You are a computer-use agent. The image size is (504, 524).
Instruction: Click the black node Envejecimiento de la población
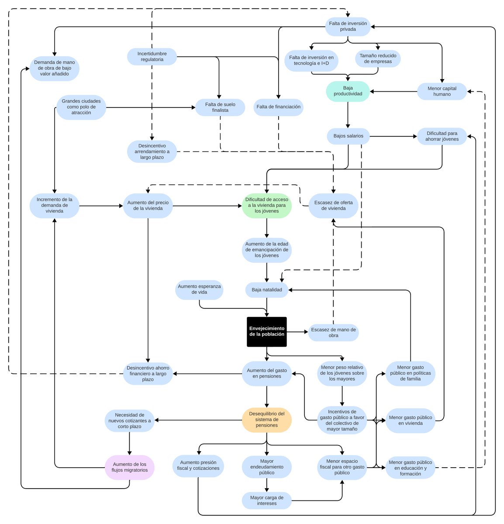266,331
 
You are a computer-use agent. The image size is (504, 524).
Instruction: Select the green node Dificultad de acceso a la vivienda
266,205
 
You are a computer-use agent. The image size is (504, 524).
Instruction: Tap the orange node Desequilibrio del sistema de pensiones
266,420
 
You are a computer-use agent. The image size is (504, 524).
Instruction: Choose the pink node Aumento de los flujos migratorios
130,467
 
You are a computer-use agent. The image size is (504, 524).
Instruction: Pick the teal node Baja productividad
348,91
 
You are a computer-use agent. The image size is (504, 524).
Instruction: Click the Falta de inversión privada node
348,27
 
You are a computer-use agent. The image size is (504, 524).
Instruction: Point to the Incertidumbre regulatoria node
152,57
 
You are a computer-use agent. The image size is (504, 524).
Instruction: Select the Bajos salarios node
348,136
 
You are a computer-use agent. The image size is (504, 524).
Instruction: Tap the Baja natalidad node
266,290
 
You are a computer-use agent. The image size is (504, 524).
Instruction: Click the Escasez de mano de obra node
333,332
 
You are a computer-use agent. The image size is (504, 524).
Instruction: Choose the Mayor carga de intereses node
266,500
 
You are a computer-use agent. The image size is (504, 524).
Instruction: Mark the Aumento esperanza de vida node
199,290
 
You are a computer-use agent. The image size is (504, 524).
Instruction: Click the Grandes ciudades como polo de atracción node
81,107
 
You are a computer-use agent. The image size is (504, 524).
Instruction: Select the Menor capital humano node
442,91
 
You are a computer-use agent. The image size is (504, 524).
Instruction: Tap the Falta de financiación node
278,107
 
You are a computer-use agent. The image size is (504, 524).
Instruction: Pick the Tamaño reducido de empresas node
378,59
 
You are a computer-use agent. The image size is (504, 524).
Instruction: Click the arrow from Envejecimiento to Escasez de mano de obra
297,332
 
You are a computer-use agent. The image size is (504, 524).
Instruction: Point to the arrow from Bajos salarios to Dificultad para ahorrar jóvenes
393,136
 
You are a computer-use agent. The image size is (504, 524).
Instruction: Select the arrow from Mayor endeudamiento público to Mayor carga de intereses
266,485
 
